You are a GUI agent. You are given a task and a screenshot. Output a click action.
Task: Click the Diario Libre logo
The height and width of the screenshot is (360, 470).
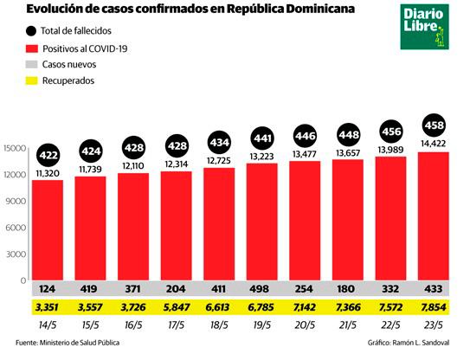tap(421, 29)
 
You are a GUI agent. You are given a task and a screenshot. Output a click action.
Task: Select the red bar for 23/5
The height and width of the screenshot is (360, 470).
tap(435, 216)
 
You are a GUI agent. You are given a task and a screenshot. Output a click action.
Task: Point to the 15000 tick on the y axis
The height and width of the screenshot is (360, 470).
tap(15, 148)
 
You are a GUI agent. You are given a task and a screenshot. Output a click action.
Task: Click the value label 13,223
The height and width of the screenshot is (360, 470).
tap(263, 157)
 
